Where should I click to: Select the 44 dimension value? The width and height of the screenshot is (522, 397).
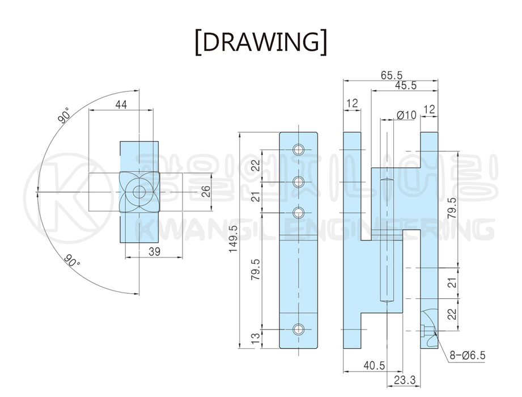120,104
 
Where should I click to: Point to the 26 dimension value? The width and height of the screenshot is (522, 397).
206,192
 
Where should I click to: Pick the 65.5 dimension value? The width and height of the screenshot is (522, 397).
391,75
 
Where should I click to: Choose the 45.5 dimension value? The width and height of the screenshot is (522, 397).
405,86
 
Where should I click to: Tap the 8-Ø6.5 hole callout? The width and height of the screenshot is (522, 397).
467,356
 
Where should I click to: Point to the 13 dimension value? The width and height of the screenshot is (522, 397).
256,339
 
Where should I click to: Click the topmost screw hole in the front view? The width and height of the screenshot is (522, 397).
299,150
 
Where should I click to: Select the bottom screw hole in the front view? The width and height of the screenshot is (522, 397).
299,329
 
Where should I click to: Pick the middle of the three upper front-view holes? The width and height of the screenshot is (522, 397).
299,181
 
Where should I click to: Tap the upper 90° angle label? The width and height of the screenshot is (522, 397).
63,117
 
